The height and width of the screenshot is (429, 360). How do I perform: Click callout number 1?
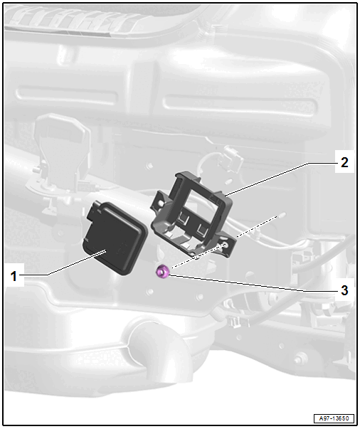tap(14, 276)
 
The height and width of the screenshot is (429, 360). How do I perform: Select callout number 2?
tap(344, 162)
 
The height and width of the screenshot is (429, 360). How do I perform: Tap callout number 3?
tap(344, 290)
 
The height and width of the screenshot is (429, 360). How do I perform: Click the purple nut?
tap(162, 271)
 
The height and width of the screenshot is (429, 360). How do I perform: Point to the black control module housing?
tap(115, 238)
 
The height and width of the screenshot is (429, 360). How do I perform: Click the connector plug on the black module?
tap(94, 211)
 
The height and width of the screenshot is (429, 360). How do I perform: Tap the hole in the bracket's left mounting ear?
tap(161, 203)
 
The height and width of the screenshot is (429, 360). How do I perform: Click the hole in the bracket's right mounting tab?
tap(226, 244)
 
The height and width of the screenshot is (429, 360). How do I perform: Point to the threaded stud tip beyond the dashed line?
tap(282, 215)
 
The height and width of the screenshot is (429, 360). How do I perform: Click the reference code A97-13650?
tap(334, 418)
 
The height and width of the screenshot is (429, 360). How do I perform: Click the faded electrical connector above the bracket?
tap(232, 159)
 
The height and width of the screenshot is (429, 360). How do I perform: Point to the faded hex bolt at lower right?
tap(300, 359)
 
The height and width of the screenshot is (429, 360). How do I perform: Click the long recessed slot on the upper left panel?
tap(67, 96)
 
